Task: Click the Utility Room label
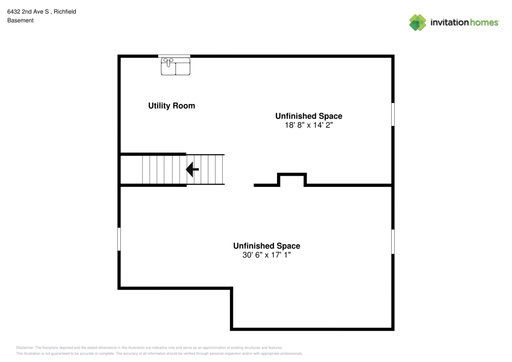[x=172, y=106]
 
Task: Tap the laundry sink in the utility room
[x=175, y=67]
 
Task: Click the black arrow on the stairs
[x=193, y=169]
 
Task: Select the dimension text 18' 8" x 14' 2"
[x=309, y=125]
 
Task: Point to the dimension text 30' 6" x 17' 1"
[x=266, y=255]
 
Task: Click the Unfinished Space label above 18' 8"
[x=309, y=116]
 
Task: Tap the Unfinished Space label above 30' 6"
[x=266, y=246]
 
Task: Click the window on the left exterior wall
[x=119, y=239]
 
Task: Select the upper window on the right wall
[x=393, y=114]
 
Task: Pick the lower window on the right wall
[x=393, y=242]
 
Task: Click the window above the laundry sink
[x=174, y=56]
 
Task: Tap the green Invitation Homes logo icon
[x=418, y=23]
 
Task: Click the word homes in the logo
[x=484, y=22]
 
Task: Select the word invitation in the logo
[x=450, y=22]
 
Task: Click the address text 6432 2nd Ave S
[x=28, y=11]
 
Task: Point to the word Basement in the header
[x=20, y=20]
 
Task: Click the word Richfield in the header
[x=65, y=11]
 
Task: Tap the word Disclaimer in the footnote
[x=25, y=348]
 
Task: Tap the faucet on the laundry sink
[x=168, y=61]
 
